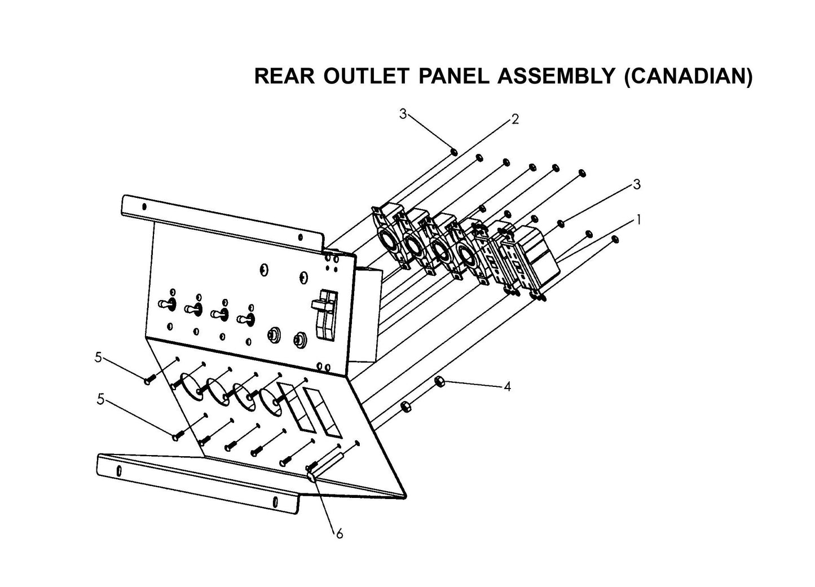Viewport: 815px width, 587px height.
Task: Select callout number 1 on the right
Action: click(638, 220)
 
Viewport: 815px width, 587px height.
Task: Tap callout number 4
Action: click(507, 387)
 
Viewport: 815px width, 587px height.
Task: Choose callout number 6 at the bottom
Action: click(339, 533)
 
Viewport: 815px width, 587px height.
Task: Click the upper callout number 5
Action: click(98, 357)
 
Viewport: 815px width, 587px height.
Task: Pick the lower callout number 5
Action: click(100, 399)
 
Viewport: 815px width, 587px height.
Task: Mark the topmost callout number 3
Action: click(403, 114)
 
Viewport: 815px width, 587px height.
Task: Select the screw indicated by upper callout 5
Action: click(148, 381)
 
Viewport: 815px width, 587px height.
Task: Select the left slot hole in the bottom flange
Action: click(119, 471)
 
